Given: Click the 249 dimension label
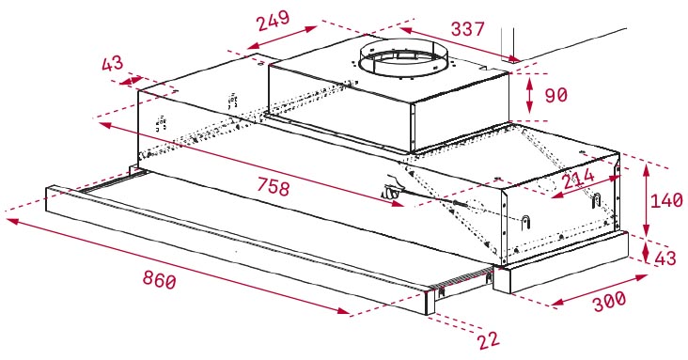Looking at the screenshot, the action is [x=274, y=20].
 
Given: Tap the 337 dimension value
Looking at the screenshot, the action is [x=468, y=29].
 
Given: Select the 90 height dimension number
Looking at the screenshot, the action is [x=555, y=95].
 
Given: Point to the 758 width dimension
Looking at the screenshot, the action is [x=274, y=187].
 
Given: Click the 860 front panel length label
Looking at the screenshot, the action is [x=159, y=279].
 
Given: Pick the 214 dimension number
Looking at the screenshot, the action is [x=578, y=179].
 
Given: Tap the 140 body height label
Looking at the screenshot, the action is [x=666, y=200].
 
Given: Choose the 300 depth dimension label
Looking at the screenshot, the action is [x=609, y=301].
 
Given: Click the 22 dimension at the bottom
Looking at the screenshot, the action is [x=489, y=340].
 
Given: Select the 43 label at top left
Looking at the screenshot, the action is [x=113, y=64].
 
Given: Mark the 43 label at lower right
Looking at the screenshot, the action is [x=665, y=258].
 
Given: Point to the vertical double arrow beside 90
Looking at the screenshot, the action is [x=529, y=95].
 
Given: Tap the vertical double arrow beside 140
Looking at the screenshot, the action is [x=646, y=200].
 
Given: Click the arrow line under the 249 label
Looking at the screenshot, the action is [x=282, y=38].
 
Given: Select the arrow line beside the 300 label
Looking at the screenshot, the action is [x=600, y=290].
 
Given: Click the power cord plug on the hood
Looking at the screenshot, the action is [x=390, y=191].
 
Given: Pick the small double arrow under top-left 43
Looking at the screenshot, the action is [x=131, y=81].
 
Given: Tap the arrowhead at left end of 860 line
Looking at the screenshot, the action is [x=12, y=221].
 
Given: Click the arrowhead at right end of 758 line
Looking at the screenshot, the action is [x=398, y=203].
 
